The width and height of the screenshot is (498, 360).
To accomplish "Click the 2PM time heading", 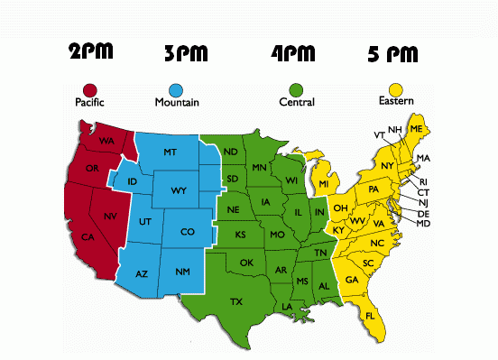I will coord(92,51).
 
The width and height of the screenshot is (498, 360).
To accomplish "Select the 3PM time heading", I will coord(188,54).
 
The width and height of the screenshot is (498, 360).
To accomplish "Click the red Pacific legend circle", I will coord(89,89).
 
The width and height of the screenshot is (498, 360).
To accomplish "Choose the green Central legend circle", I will coord(294,89).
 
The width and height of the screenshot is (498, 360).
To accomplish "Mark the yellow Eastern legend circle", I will coord(391,89).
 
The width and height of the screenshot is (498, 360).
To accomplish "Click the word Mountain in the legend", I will coord(177,103).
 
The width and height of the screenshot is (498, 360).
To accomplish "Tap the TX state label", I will coord(236,300).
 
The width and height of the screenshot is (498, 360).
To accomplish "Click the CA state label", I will coord(88,237).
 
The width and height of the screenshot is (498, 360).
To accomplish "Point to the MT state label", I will coord(170,153).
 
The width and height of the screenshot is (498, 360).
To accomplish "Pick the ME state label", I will coord(416,130).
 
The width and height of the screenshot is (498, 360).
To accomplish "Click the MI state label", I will coord(322,184).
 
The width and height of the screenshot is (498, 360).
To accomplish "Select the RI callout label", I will coord(424,181).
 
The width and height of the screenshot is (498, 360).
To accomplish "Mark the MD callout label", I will coord(424,223).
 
